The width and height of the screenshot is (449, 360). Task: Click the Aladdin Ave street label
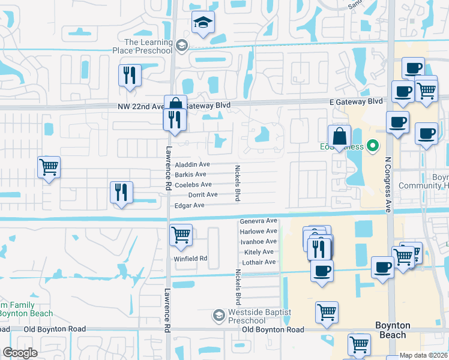[192, 164]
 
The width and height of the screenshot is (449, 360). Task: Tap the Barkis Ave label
[191, 175]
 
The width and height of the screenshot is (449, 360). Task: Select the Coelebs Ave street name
[193, 185]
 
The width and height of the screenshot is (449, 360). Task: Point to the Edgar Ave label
[189, 205]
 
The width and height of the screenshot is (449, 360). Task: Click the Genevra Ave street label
[258, 221]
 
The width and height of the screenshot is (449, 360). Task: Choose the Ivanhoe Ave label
[258, 241]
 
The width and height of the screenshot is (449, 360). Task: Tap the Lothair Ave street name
[258, 262]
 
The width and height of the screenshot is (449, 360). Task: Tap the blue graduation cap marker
[203, 24]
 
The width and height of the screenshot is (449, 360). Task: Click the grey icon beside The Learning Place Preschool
[181, 45]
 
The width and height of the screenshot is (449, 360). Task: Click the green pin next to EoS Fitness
[373, 146]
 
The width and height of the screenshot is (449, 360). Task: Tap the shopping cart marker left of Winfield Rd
[181, 235]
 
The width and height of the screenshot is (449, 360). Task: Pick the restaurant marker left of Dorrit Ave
[121, 193]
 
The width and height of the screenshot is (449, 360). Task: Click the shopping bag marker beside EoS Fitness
[339, 136]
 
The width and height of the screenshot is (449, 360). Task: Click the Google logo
[20, 353]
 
